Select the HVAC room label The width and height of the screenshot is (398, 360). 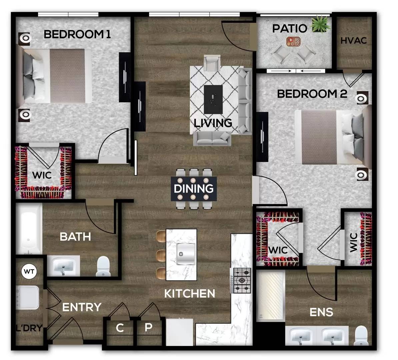pos(354,41)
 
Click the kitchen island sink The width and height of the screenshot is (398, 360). pos(186,253)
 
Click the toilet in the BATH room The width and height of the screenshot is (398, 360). pos(103,266)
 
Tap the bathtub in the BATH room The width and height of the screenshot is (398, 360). pos(29,229)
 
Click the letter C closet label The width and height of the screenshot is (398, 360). pos(120,328)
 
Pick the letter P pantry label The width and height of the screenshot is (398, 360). pos(148,328)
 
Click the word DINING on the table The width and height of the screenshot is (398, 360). pos(194,189)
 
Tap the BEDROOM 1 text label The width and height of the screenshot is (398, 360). pos(77,34)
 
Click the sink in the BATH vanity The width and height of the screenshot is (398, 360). pos(63,266)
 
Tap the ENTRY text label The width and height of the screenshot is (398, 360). pos(82,307)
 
